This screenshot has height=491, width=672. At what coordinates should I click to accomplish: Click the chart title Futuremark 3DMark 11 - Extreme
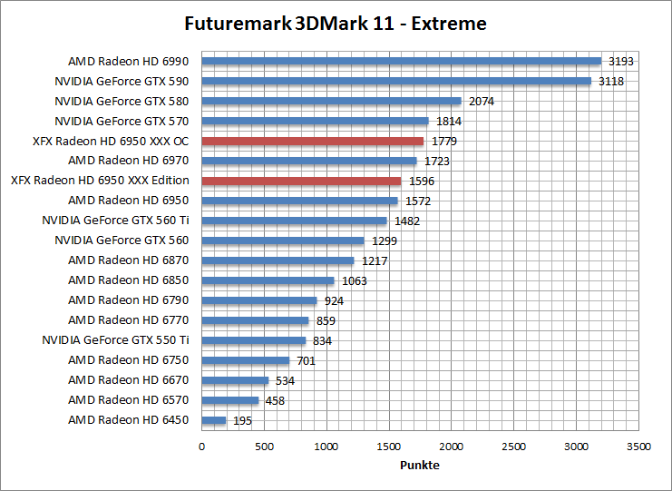click(x=335, y=24)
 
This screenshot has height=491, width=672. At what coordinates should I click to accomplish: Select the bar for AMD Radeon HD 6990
click(x=401, y=62)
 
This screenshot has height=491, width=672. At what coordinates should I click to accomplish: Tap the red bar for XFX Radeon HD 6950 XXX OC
click(x=312, y=141)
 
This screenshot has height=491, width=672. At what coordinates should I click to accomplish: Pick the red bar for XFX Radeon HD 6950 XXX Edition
click(x=301, y=181)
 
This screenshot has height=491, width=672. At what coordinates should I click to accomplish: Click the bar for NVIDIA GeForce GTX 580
click(x=331, y=101)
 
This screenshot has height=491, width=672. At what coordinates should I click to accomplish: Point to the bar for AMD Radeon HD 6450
click(x=213, y=420)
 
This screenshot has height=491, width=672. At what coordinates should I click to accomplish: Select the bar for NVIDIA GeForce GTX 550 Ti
click(x=253, y=340)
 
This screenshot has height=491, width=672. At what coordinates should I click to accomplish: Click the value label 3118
click(x=611, y=82)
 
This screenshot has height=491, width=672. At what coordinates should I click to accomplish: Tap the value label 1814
click(x=448, y=122)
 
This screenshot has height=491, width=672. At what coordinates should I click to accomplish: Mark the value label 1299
click(x=384, y=241)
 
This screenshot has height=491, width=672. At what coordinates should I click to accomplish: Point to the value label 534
click(x=286, y=381)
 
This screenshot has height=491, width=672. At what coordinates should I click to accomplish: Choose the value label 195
click(x=243, y=421)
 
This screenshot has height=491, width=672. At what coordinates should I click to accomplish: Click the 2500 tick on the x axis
click(x=513, y=447)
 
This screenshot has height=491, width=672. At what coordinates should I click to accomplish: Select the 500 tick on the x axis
click(x=264, y=447)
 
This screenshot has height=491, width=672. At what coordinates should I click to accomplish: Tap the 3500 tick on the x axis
click(x=638, y=447)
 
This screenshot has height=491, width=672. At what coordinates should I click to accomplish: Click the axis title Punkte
click(x=420, y=466)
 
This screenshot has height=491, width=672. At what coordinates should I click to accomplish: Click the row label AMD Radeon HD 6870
click(x=128, y=260)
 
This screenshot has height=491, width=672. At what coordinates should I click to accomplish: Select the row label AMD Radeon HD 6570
click(x=128, y=400)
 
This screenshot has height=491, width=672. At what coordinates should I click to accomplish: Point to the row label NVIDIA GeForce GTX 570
click(x=122, y=121)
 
